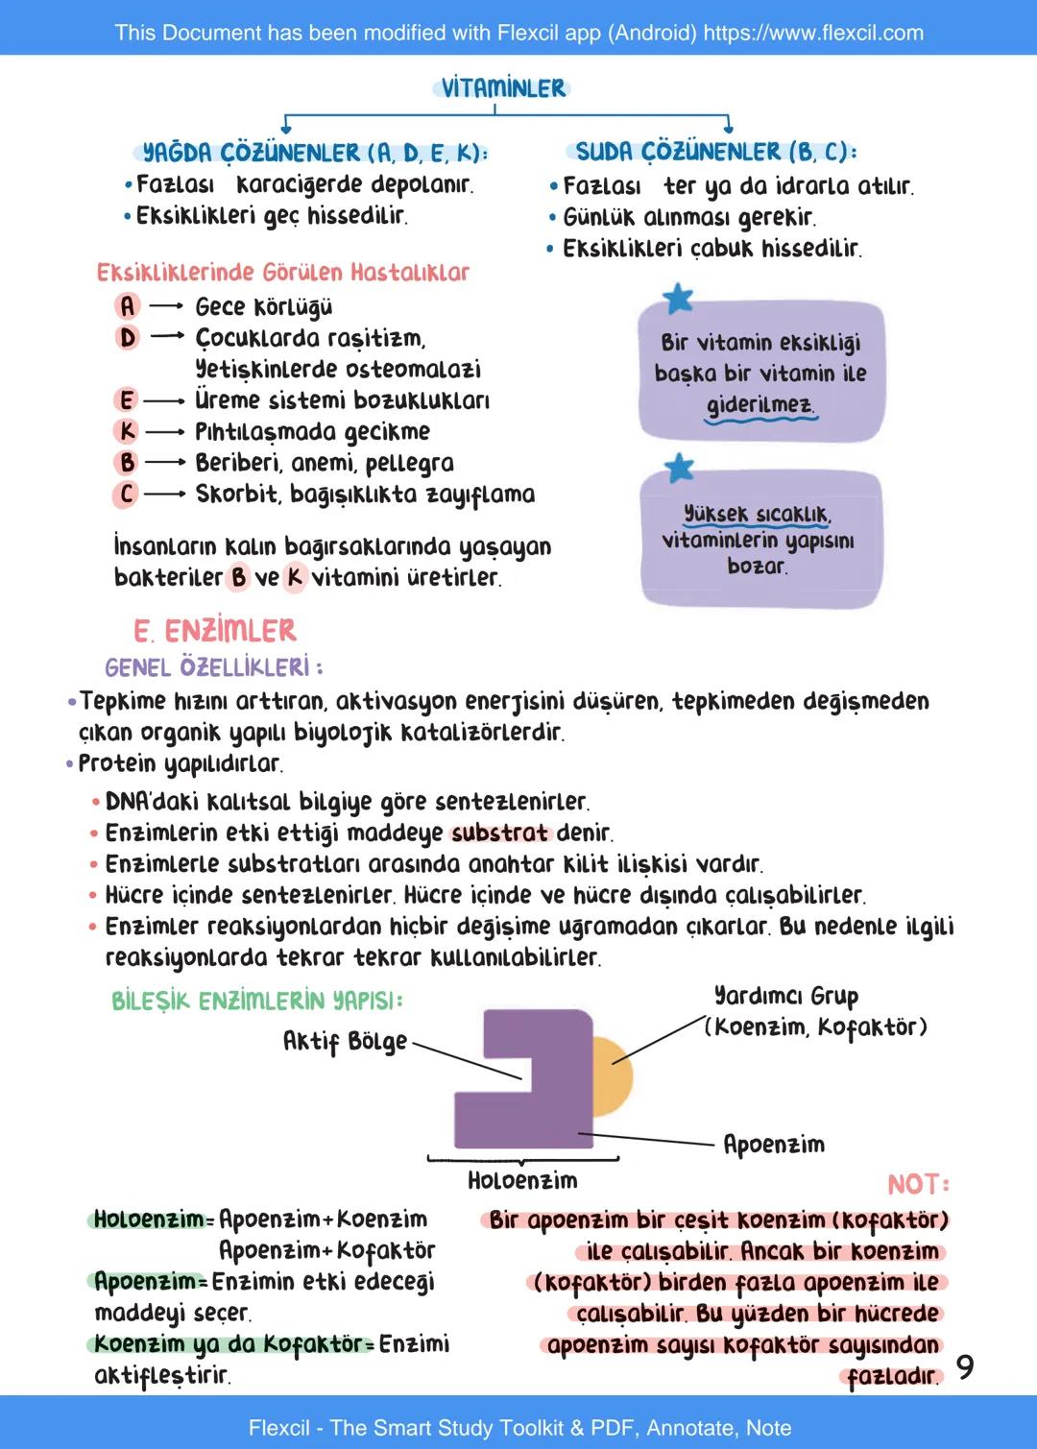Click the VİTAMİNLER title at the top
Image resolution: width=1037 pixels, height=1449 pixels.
[x=502, y=88]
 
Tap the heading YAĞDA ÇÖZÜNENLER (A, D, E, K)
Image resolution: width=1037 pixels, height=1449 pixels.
[x=313, y=153]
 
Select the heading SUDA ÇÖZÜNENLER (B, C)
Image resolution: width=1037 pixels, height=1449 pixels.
[x=714, y=152]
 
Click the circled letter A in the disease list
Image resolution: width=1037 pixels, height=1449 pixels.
[x=127, y=306]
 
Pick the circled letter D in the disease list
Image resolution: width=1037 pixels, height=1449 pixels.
[x=127, y=338]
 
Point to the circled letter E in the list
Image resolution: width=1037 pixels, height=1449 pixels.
[x=126, y=400]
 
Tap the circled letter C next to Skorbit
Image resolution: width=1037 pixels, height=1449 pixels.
[x=126, y=495]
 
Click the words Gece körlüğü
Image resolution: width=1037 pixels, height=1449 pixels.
[x=263, y=307]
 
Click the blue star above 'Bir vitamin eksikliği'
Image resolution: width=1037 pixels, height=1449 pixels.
[x=678, y=299]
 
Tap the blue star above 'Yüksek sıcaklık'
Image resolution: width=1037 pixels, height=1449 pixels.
[x=679, y=468]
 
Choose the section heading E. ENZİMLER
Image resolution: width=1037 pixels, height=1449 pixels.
[x=215, y=631]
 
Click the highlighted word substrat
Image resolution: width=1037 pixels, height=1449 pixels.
[x=499, y=833]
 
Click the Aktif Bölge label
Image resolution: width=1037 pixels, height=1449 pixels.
[x=345, y=1042]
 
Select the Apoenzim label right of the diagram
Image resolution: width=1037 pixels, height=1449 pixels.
[x=773, y=1145]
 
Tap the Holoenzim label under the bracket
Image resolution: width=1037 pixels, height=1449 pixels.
[x=522, y=1181]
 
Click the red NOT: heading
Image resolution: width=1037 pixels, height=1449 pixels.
[x=918, y=1184]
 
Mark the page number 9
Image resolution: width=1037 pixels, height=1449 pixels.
[x=965, y=1366]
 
